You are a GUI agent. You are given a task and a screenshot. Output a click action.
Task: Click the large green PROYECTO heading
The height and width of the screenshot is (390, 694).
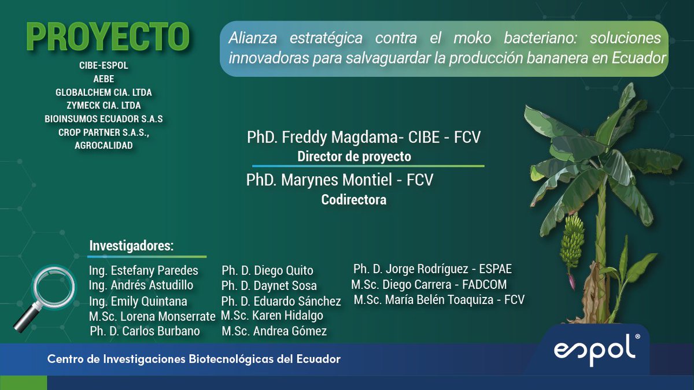pyautogui.click(x=108, y=38)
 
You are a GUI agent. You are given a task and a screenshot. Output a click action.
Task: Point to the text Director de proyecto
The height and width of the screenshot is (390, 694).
pyautogui.click(x=354, y=156)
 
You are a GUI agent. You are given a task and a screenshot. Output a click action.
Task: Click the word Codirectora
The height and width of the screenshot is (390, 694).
pyautogui.click(x=354, y=200)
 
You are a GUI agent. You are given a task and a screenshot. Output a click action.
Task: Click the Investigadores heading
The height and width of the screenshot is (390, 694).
pyautogui.click(x=131, y=246)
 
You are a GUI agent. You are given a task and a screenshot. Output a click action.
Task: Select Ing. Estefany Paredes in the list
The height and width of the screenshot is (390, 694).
pyautogui.click(x=143, y=270)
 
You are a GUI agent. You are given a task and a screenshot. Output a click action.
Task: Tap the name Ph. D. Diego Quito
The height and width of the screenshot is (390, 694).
pyautogui.click(x=267, y=270)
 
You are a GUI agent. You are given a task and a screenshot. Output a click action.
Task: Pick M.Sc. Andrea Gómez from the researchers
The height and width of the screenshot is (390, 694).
pyautogui.click(x=274, y=331)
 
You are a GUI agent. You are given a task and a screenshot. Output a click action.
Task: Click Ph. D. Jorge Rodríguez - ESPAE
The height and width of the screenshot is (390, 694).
pyautogui.click(x=433, y=269)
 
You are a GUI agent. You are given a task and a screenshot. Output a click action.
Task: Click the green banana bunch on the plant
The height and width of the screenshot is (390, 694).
pyautogui.click(x=572, y=240)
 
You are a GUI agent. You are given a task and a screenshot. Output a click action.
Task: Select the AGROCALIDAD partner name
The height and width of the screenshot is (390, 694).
pyautogui.click(x=104, y=146)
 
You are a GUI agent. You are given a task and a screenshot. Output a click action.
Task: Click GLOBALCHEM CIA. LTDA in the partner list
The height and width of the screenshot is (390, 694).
pyautogui.click(x=104, y=92)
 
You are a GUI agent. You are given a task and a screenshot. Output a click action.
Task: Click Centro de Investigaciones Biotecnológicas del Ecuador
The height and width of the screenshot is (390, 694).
pyautogui.click(x=194, y=359)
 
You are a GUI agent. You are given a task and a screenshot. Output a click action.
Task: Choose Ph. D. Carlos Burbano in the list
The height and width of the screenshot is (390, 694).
pyautogui.click(x=145, y=331)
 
